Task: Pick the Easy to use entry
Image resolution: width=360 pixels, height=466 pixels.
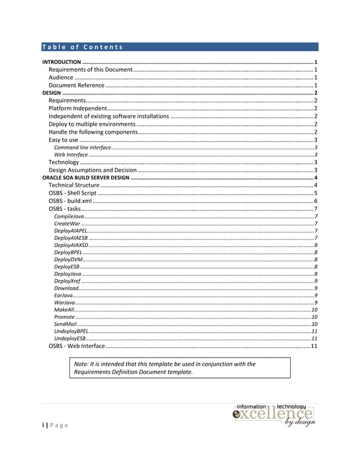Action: pyautogui.click(x=63, y=139)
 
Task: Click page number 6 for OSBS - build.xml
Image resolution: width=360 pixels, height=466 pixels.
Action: pyautogui.click(x=316, y=201)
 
